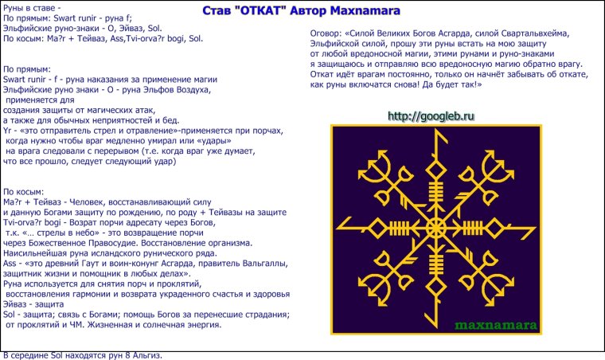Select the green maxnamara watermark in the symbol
pyautogui.click(x=496, y=325)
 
